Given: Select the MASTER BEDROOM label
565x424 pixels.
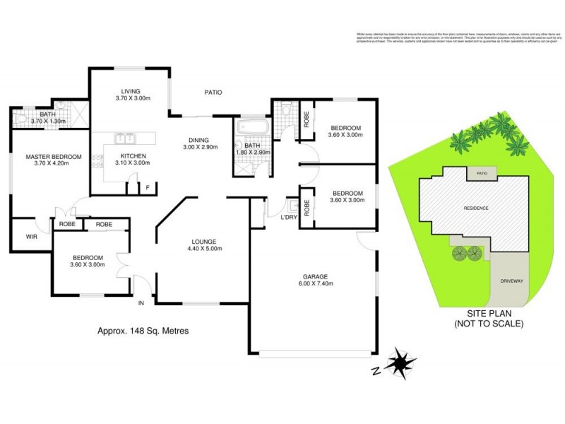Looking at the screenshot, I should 54,157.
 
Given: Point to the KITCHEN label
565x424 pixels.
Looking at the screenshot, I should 133,155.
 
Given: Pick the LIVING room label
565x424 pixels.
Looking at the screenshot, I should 131,91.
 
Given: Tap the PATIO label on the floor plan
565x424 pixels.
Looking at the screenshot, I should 214,92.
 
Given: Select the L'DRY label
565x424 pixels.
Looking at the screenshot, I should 288,217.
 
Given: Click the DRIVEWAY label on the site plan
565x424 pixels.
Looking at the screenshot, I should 511,281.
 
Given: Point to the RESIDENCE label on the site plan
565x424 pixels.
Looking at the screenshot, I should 476,208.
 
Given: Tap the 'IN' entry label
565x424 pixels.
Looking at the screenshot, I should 141,303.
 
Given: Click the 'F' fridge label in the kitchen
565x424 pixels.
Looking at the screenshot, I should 147,187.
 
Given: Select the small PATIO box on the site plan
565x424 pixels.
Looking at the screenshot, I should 482,172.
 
